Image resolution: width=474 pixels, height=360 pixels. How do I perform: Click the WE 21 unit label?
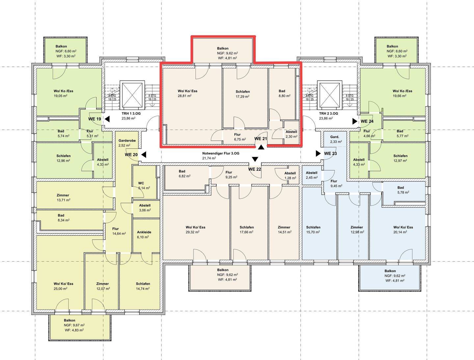261,139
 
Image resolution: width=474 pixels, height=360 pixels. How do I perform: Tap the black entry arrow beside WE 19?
107,119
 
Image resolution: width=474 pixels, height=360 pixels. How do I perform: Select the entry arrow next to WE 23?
318,153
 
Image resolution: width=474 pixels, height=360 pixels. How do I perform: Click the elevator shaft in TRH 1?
132,95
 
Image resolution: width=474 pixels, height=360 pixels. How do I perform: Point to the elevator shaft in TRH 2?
329,95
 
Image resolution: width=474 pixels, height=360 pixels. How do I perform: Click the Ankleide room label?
144,232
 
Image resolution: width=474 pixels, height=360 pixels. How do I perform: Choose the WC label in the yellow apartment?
141,183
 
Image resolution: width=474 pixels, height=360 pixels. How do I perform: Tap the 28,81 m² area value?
185,96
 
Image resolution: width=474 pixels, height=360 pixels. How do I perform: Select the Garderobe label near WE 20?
127,141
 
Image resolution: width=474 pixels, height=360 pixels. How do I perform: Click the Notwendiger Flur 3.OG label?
221,153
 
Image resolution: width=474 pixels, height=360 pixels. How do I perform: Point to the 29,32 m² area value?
193,232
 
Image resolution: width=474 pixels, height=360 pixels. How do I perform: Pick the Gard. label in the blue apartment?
335,137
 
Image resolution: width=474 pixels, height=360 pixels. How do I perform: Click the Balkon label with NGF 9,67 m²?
69,321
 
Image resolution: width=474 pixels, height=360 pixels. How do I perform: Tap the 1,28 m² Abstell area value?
290,178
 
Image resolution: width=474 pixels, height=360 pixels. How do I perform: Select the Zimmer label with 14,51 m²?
284,227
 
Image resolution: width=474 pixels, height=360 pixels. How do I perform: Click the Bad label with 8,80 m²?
282,91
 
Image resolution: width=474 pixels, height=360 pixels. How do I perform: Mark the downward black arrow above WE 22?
255,159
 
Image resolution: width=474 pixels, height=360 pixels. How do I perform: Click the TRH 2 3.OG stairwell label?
329,114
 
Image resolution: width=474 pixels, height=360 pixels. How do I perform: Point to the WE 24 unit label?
367,121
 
